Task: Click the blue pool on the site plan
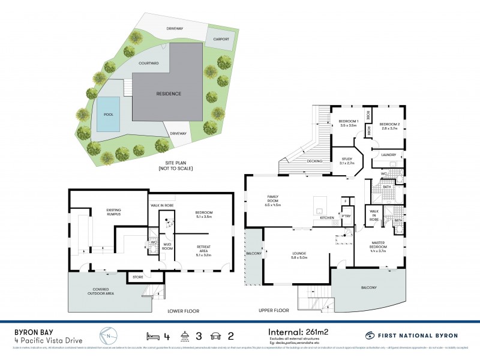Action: (x=108, y=115)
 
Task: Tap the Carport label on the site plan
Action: (x=217, y=40)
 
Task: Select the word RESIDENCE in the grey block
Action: (x=169, y=94)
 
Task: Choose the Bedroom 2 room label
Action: (x=389, y=125)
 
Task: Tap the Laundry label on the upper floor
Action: (x=389, y=154)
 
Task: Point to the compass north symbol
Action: (x=107, y=334)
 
